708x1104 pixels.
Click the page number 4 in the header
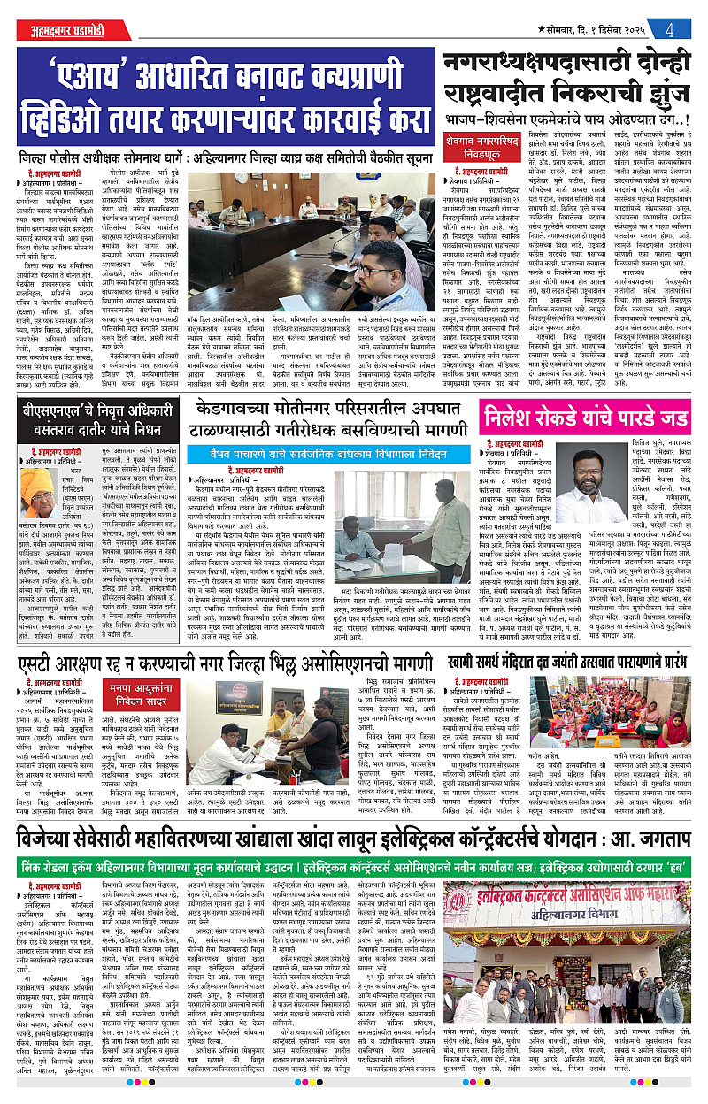[671, 27]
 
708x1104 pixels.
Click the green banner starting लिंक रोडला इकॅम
[354, 862]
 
